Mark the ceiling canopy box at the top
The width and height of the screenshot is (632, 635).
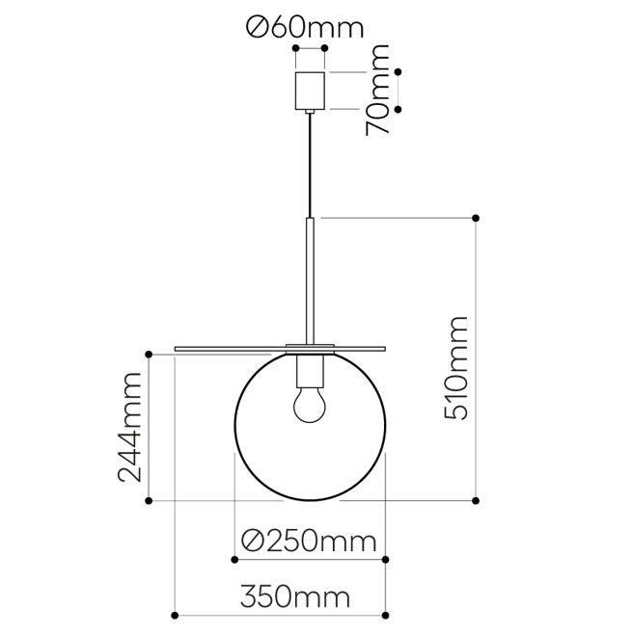tap(310, 91)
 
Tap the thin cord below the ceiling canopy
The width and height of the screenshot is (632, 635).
tap(310, 164)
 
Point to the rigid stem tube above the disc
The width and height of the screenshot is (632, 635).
tap(310, 279)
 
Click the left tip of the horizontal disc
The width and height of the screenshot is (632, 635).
tap(177, 347)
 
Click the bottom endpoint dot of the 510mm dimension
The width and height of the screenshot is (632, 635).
tap(475, 500)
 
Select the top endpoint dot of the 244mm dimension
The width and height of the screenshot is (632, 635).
tap(149, 355)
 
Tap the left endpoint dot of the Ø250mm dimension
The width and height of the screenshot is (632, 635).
tap(234, 559)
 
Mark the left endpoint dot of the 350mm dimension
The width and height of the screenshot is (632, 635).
tap(174, 615)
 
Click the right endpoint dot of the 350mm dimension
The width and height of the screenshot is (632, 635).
tap(386, 615)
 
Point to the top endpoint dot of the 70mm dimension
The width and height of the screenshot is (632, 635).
tap(398, 71)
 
